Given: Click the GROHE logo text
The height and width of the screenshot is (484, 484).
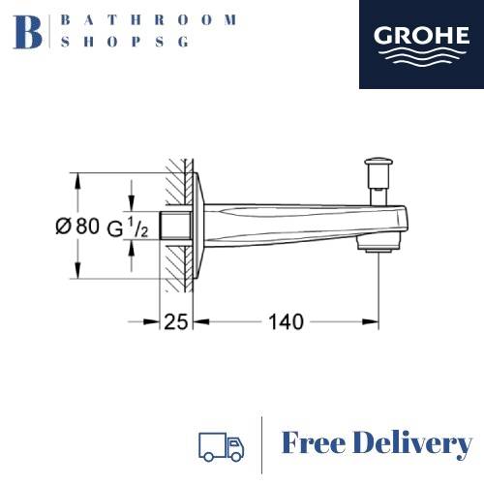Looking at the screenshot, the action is tap(421, 35).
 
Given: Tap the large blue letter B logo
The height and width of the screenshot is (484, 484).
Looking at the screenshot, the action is tap(28, 32).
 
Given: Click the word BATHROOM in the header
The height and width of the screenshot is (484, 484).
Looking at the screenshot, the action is tap(149, 20).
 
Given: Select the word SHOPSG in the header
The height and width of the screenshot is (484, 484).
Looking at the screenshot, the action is tap(125, 42).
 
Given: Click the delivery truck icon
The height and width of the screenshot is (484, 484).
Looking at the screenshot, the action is tap(221, 446).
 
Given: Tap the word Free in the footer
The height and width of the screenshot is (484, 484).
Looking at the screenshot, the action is tap(313, 442).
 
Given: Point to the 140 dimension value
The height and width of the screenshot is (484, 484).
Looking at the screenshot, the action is tap(286, 321).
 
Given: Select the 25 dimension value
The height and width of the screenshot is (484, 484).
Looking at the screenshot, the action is tap(176, 321).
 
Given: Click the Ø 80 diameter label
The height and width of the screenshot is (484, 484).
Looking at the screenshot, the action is tap(77, 226).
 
